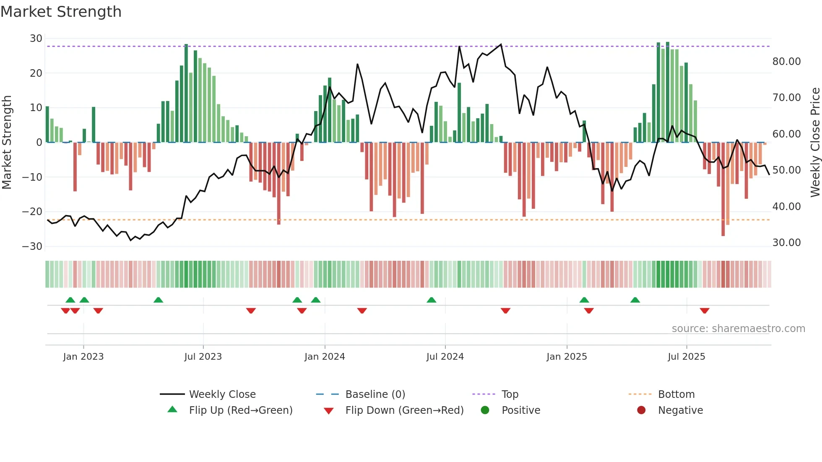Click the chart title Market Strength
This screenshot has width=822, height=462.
click(x=61, y=12)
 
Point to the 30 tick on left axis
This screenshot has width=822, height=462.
click(x=36, y=39)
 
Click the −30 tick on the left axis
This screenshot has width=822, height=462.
click(x=32, y=246)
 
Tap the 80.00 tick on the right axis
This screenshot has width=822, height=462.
click(x=786, y=62)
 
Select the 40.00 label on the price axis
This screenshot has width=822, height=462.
click(x=786, y=207)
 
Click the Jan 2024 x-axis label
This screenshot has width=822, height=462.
click(x=325, y=357)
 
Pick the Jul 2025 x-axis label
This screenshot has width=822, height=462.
click(x=687, y=357)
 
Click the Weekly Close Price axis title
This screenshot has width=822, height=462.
click(x=815, y=142)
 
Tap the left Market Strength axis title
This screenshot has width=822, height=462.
click(x=7, y=142)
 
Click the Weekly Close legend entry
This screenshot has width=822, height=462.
click(x=222, y=395)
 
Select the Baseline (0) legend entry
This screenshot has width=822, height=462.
click(x=375, y=395)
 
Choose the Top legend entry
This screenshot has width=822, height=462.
click(x=510, y=395)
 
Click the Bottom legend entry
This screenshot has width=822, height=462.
click(x=676, y=395)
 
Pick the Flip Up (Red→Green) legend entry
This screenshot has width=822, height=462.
click(x=240, y=410)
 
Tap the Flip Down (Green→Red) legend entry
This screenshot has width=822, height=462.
click(x=404, y=410)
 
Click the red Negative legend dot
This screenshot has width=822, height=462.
click(x=641, y=410)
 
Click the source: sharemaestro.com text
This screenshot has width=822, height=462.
click(x=738, y=329)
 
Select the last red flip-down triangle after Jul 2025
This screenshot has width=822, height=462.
click(x=705, y=311)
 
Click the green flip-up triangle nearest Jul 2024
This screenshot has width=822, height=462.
click(x=431, y=300)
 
